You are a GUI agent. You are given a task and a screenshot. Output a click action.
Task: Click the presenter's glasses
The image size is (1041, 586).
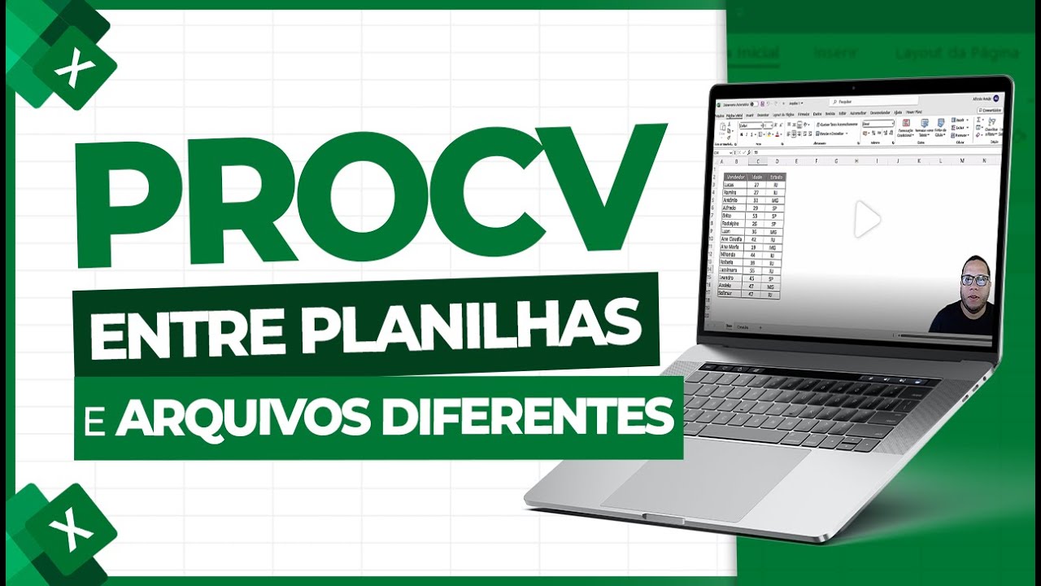click(x=974, y=280)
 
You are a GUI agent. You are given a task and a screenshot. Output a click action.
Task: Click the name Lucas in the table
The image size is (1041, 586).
click(x=733, y=186)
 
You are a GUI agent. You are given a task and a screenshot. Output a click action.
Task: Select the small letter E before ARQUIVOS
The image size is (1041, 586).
click(x=102, y=420)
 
